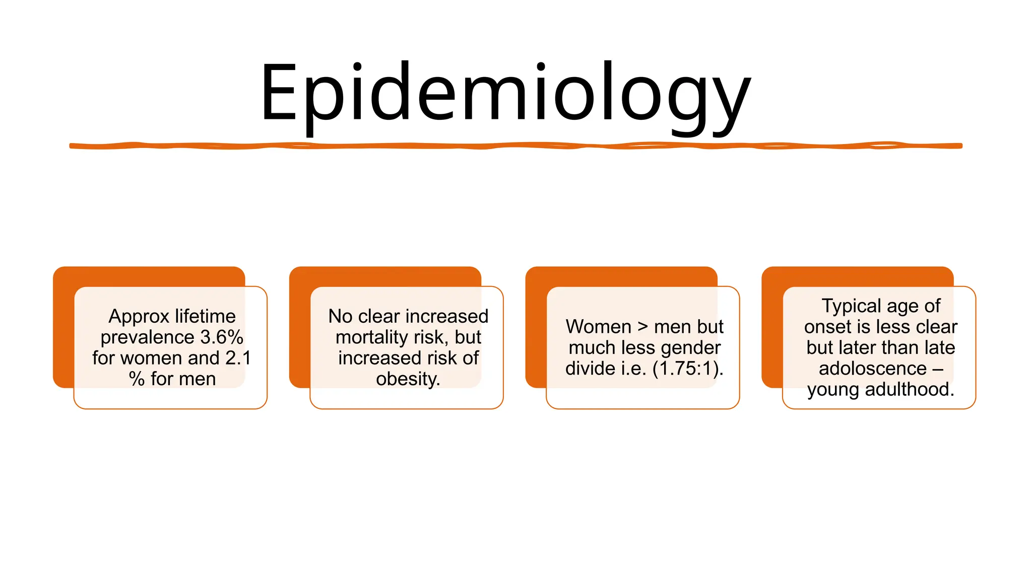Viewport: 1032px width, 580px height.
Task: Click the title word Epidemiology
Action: [x=505, y=93]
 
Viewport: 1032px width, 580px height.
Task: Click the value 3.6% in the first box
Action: [x=222, y=337]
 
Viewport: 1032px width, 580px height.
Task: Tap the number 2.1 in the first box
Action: [x=238, y=358]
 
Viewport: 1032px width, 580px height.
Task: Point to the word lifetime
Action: [x=205, y=317]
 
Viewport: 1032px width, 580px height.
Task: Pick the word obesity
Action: [x=408, y=379]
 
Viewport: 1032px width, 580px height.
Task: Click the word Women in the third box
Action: [x=598, y=327]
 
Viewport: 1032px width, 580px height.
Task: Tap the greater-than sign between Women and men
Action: [x=642, y=327]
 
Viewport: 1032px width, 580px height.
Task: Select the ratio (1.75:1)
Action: [x=687, y=369]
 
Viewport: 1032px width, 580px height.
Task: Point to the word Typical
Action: [x=851, y=306]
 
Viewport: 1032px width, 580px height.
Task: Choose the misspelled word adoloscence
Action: [x=872, y=369]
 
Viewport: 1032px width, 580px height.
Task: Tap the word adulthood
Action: [x=909, y=390]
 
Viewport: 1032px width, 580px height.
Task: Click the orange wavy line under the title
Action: [x=515, y=146]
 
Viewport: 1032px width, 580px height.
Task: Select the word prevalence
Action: [x=147, y=337]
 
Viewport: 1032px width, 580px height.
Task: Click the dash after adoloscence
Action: [x=938, y=369]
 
